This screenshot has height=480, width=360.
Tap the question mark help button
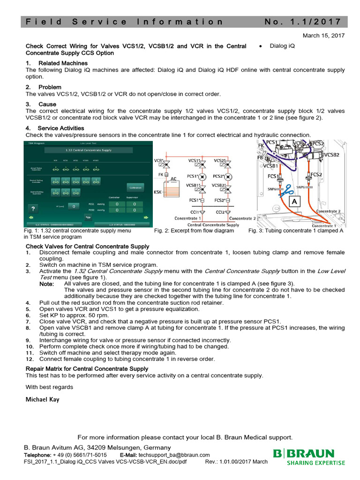[33, 209]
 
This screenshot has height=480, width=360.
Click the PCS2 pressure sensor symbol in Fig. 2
[227, 177]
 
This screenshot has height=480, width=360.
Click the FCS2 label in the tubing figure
[316, 174]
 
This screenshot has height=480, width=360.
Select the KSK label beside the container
[158, 192]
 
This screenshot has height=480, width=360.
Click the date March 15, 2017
[323, 36]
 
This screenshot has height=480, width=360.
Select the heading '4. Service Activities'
[55, 128]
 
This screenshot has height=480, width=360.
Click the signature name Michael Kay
[43, 399]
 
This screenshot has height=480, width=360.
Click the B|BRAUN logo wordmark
[304, 454]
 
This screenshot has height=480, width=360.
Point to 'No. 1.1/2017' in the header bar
[304, 22]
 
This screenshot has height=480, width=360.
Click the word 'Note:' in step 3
[46, 284]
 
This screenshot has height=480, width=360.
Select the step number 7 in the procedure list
[28, 321]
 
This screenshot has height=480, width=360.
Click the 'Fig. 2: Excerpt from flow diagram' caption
[194, 231]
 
